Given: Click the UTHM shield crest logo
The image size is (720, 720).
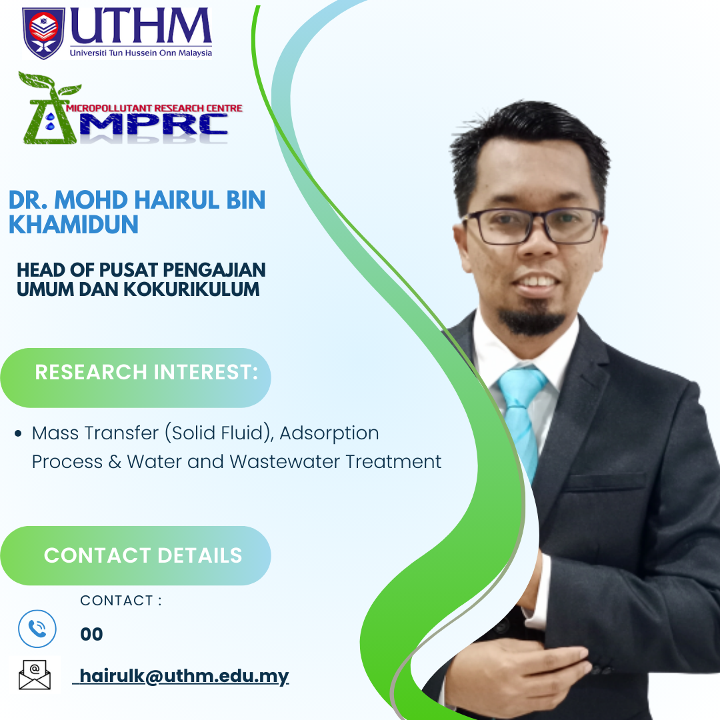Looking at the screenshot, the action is pos(43,33).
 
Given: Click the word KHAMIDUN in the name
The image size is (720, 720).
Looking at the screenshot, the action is pos(73,225).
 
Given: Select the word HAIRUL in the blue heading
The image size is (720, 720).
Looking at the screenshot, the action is pos(176,200).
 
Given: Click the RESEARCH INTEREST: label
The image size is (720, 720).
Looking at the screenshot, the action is pos(147,372).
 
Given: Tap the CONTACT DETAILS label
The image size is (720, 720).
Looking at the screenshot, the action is pos(143,555).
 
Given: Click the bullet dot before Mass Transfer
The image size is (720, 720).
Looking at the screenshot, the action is pos(18,433).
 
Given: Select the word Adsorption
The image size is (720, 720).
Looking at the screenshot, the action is pos(329,433).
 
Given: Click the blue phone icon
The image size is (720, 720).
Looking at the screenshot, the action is pos(37,629).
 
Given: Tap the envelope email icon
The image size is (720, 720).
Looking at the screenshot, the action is pos(35,675).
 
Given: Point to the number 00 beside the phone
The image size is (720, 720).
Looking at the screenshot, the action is pos(91,634).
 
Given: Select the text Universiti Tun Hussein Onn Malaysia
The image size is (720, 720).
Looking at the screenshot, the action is pos(141,53).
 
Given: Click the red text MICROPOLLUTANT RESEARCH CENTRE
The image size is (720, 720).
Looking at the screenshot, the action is pos(154,109).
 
